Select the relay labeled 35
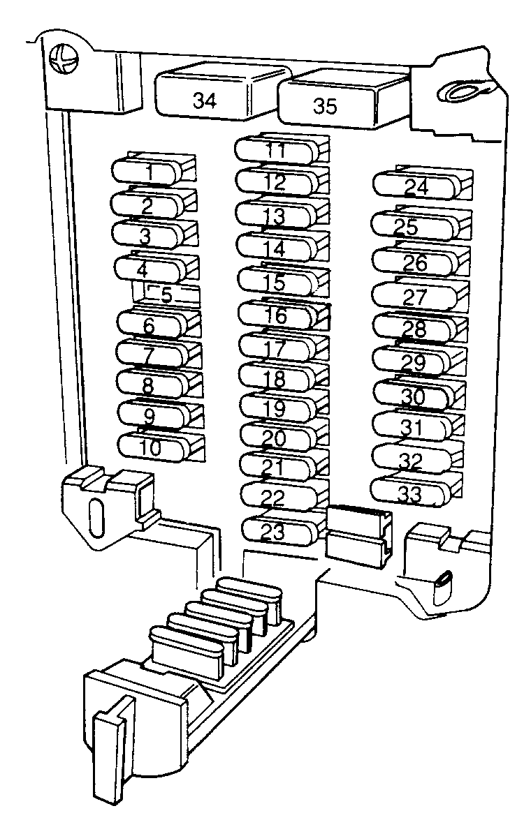tap(340, 101)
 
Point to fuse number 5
tap(166, 294)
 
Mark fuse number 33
tap(416, 490)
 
